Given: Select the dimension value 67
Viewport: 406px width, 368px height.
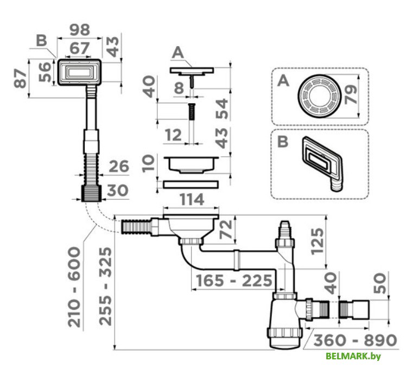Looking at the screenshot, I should pyautogui.click(x=79, y=49).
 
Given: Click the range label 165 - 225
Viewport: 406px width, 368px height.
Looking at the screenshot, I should pyautogui.click(x=234, y=281).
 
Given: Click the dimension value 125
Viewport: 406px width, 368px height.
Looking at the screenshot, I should pyautogui.click(x=318, y=240).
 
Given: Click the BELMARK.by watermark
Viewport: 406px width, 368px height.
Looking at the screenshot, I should pyautogui.click(x=353, y=356).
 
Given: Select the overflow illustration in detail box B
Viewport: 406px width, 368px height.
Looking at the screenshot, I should pyautogui.click(x=321, y=163).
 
